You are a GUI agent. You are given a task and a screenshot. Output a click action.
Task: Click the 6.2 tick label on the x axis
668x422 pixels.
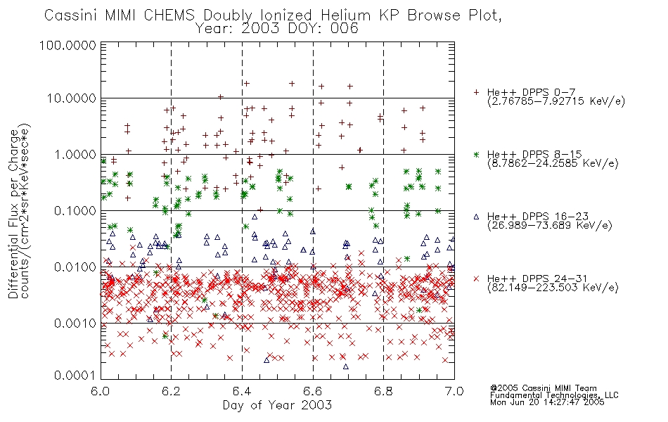point(172,391)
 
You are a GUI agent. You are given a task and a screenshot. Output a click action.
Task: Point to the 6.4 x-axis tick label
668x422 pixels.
point(242,391)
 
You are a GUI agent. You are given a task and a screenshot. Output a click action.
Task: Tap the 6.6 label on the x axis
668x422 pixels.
point(313,391)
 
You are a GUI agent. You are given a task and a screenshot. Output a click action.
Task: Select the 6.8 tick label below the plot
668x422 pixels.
point(383,391)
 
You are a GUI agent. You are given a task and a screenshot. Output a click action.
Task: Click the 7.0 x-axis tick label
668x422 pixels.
point(454,391)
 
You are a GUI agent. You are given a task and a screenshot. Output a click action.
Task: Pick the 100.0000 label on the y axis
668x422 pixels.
point(68,45)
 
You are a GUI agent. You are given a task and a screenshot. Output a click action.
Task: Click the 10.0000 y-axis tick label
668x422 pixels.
point(71,98)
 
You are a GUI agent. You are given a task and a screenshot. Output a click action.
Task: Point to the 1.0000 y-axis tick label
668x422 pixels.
point(75,154)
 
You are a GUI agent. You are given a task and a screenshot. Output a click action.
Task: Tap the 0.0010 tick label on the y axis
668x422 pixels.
point(75,323)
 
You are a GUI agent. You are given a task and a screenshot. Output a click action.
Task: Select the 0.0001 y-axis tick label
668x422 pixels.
point(75,376)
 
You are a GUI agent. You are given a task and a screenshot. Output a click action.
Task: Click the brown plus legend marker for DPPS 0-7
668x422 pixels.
point(476,92)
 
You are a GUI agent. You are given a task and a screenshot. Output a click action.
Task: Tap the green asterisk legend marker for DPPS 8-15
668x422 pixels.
point(476,154)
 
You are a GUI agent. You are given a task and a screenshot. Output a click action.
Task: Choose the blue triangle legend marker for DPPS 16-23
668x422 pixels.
point(476,217)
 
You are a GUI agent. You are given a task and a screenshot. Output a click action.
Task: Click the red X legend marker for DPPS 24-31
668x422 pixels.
point(476,279)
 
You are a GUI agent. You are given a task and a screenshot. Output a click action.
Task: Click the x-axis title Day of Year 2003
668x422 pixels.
point(277,405)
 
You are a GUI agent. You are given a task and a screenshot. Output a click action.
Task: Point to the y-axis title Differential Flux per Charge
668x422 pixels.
point(13,213)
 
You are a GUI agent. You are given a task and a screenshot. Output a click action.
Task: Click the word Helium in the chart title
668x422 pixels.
point(345,15)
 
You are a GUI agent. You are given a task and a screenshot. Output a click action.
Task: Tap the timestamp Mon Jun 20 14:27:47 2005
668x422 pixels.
point(547,402)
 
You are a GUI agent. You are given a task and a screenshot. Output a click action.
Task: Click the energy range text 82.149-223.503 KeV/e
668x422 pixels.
point(553,288)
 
